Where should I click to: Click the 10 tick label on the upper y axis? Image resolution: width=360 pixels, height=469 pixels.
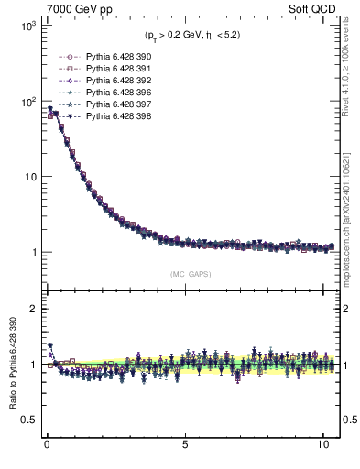27,177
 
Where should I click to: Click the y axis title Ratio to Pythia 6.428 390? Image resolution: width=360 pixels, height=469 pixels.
12,365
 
